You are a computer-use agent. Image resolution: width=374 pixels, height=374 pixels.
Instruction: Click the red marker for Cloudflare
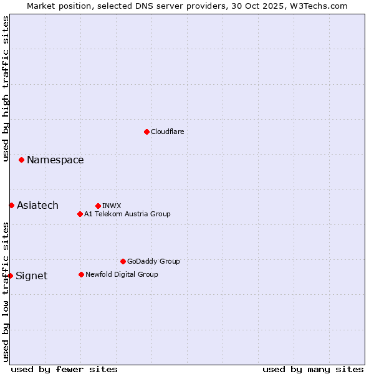(x=146, y=132)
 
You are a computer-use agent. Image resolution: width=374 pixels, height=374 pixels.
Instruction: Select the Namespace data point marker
(x=21, y=160)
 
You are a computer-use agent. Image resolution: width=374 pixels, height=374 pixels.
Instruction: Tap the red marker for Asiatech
(x=11, y=205)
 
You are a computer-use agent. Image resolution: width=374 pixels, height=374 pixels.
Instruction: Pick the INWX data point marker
(x=98, y=206)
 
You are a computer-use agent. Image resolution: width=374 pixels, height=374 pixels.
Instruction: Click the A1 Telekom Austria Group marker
(x=80, y=214)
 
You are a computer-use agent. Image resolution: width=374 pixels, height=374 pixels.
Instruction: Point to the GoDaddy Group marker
(x=123, y=261)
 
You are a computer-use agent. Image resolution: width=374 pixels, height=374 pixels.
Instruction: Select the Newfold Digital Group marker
(x=81, y=274)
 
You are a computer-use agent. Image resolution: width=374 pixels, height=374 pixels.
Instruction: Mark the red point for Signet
(x=10, y=276)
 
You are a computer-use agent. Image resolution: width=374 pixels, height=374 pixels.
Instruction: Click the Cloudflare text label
(x=167, y=132)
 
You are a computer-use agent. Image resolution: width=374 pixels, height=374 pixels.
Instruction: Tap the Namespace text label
(x=55, y=160)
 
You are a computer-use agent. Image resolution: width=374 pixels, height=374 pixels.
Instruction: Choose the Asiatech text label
(x=37, y=206)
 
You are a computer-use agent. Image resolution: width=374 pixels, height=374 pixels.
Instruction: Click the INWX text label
(x=112, y=206)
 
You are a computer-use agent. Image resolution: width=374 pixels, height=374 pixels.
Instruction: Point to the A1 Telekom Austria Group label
(x=127, y=214)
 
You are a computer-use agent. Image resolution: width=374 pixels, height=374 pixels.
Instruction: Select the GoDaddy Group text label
(x=153, y=261)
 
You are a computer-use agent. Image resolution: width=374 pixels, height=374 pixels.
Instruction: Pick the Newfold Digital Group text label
(x=122, y=274)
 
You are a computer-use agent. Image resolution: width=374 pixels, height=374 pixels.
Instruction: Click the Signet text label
(x=31, y=276)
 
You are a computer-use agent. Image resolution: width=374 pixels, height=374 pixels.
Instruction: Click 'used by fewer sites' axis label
(x=64, y=369)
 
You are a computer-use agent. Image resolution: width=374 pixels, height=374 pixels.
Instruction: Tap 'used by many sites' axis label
(x=313, y=369)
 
